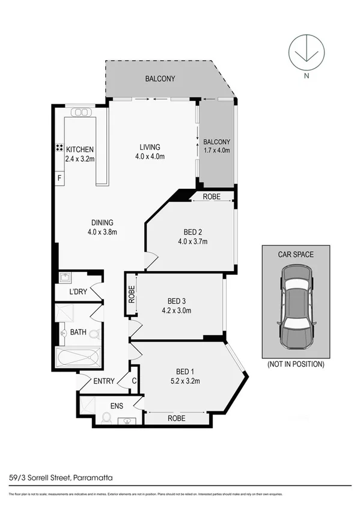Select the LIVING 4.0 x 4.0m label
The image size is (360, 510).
coord(150,152)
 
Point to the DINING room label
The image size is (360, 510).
coord(102,227)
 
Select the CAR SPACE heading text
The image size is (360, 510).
coord(296,254)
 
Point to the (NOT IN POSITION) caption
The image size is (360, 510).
coord(296,364)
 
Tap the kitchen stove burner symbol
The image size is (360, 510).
coord(60,148)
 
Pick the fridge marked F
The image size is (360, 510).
coord(59,179)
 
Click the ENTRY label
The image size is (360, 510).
coord(105,381)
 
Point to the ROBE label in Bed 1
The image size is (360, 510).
coord(176,418)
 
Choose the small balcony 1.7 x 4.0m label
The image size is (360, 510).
coord(216,146)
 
